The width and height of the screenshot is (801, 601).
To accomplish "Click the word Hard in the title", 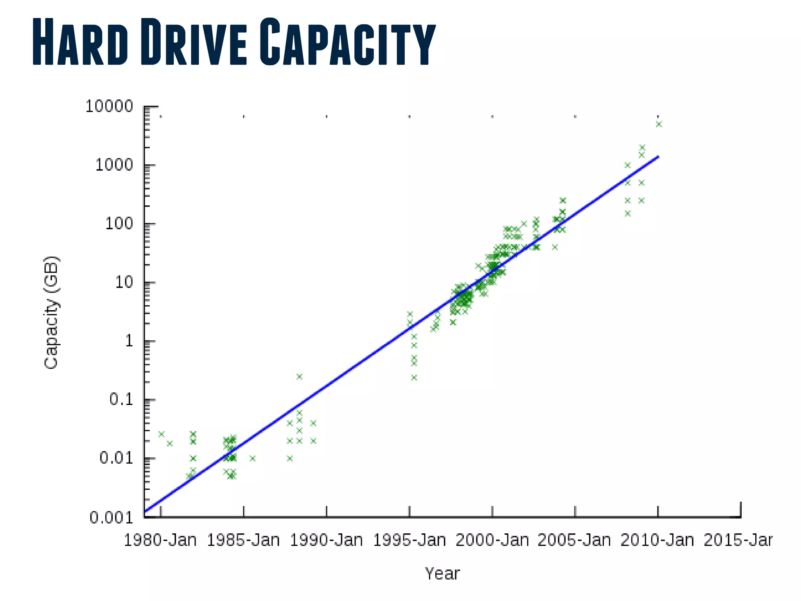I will tap(80, 42).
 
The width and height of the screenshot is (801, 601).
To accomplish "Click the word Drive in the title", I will tap(193, 42).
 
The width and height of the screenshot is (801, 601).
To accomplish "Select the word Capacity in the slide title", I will tap(347, 42).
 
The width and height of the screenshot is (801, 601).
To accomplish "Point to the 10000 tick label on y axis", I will tap(109, 106).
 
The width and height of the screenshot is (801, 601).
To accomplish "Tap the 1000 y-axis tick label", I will tap(114, 165).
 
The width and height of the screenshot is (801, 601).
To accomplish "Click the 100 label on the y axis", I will tap(119, 224).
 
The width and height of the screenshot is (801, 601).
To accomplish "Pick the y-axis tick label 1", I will tap(129, 341).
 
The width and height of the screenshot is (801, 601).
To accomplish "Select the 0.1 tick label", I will tap(121, 399).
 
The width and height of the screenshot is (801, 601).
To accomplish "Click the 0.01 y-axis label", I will tap(116, 458).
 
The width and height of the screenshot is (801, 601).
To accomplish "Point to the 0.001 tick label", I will tap(111, 518).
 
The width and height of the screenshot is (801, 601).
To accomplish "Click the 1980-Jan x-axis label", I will tap(160, 540).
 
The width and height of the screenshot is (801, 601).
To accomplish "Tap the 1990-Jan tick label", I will tap(326, 540).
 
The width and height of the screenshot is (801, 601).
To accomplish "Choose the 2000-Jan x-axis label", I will tap(492, 540).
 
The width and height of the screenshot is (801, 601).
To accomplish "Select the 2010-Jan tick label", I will tap(657, 540).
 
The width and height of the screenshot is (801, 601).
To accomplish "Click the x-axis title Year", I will tap(442, 574).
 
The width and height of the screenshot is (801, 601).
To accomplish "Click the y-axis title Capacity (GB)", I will tap(51, 312).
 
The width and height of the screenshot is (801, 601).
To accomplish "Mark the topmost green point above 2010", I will tap(659, 124).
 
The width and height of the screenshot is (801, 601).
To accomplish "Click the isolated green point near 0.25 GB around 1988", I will tap(299, 377).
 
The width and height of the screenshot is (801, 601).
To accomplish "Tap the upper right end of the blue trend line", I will tap(658, 157).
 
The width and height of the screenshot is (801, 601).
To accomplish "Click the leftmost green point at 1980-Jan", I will tap(161, 434).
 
